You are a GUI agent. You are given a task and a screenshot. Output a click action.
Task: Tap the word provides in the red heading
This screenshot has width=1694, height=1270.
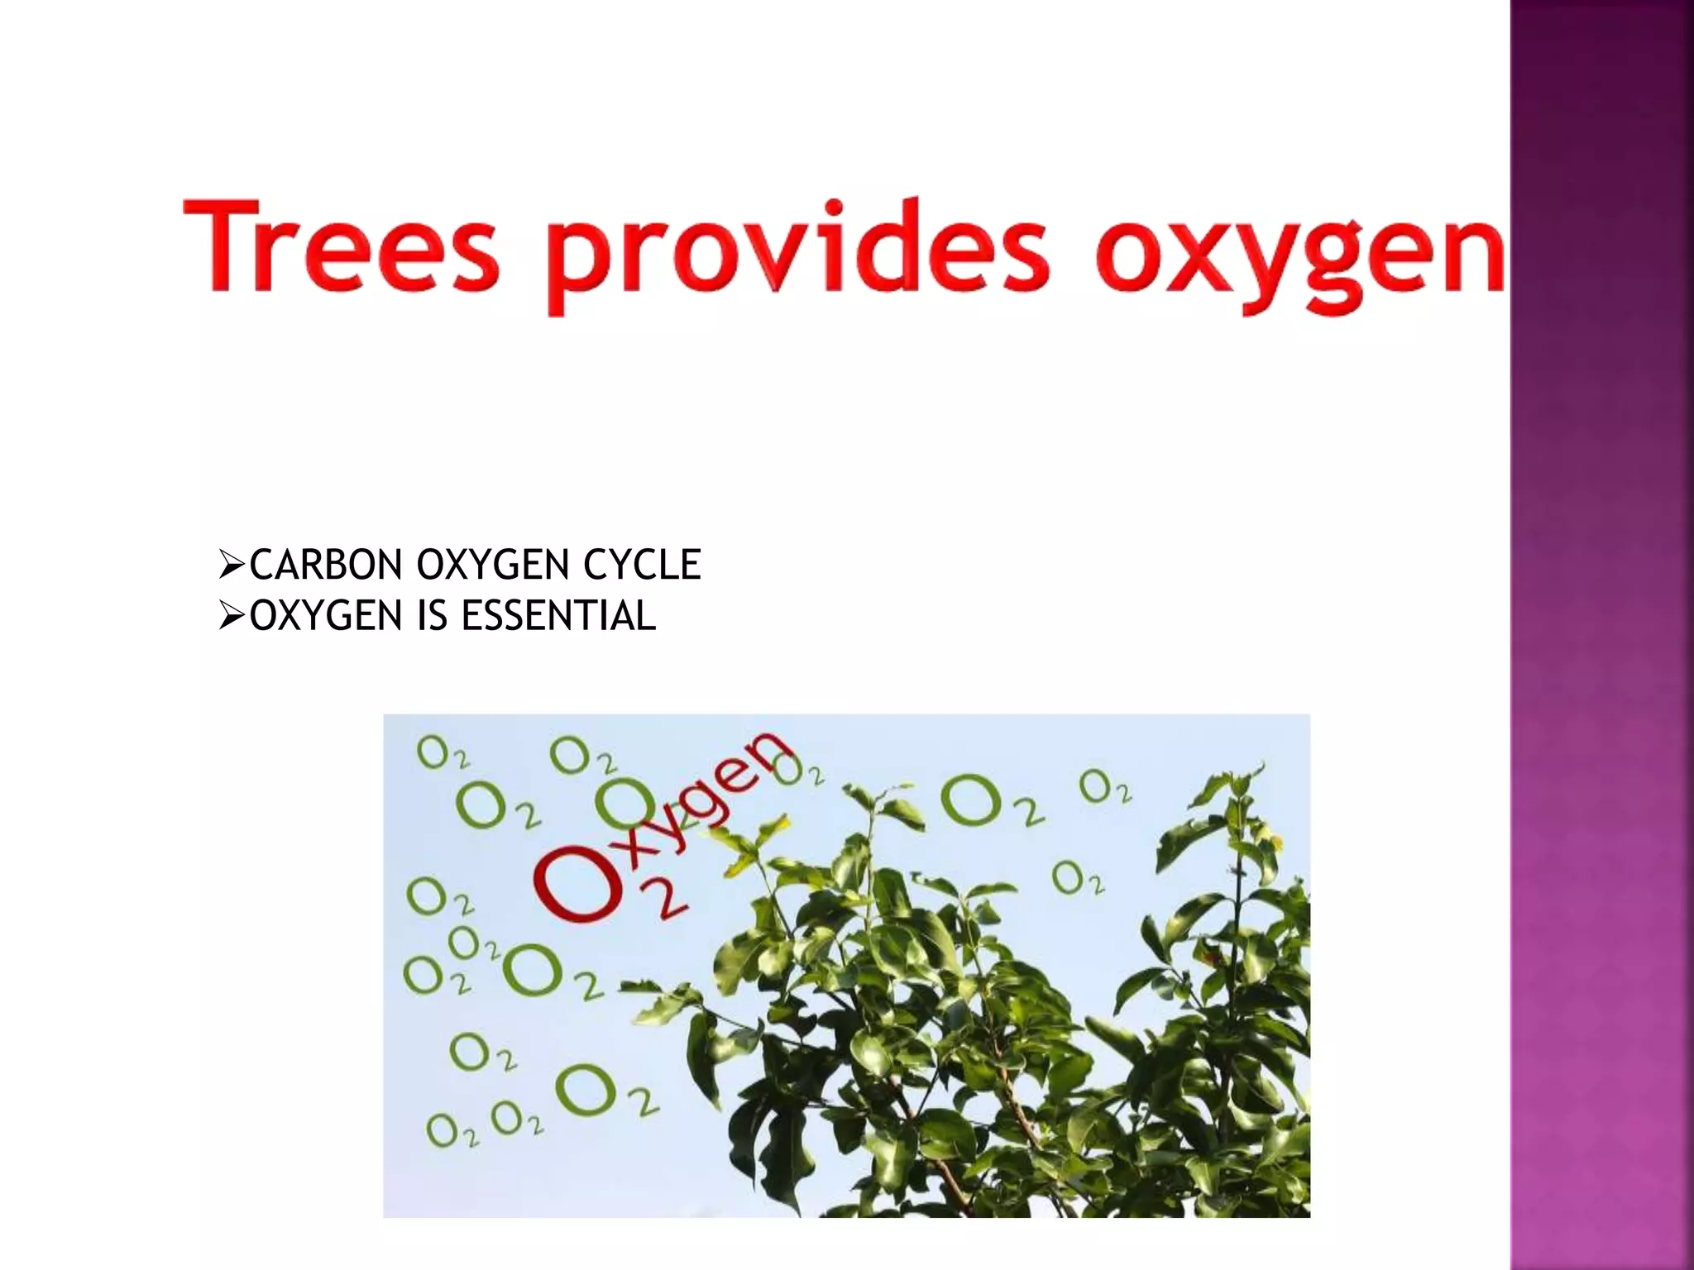797,252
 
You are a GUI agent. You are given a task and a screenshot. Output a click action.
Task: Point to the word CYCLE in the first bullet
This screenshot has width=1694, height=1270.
642,566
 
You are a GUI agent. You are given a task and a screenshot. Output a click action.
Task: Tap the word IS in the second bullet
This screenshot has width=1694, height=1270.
432,616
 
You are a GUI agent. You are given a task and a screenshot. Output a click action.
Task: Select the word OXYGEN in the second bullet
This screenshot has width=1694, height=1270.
326,616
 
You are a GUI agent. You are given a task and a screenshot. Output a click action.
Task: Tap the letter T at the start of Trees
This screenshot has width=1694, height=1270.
224,246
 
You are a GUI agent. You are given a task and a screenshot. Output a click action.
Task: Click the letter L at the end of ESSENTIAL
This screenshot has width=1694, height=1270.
645,616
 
